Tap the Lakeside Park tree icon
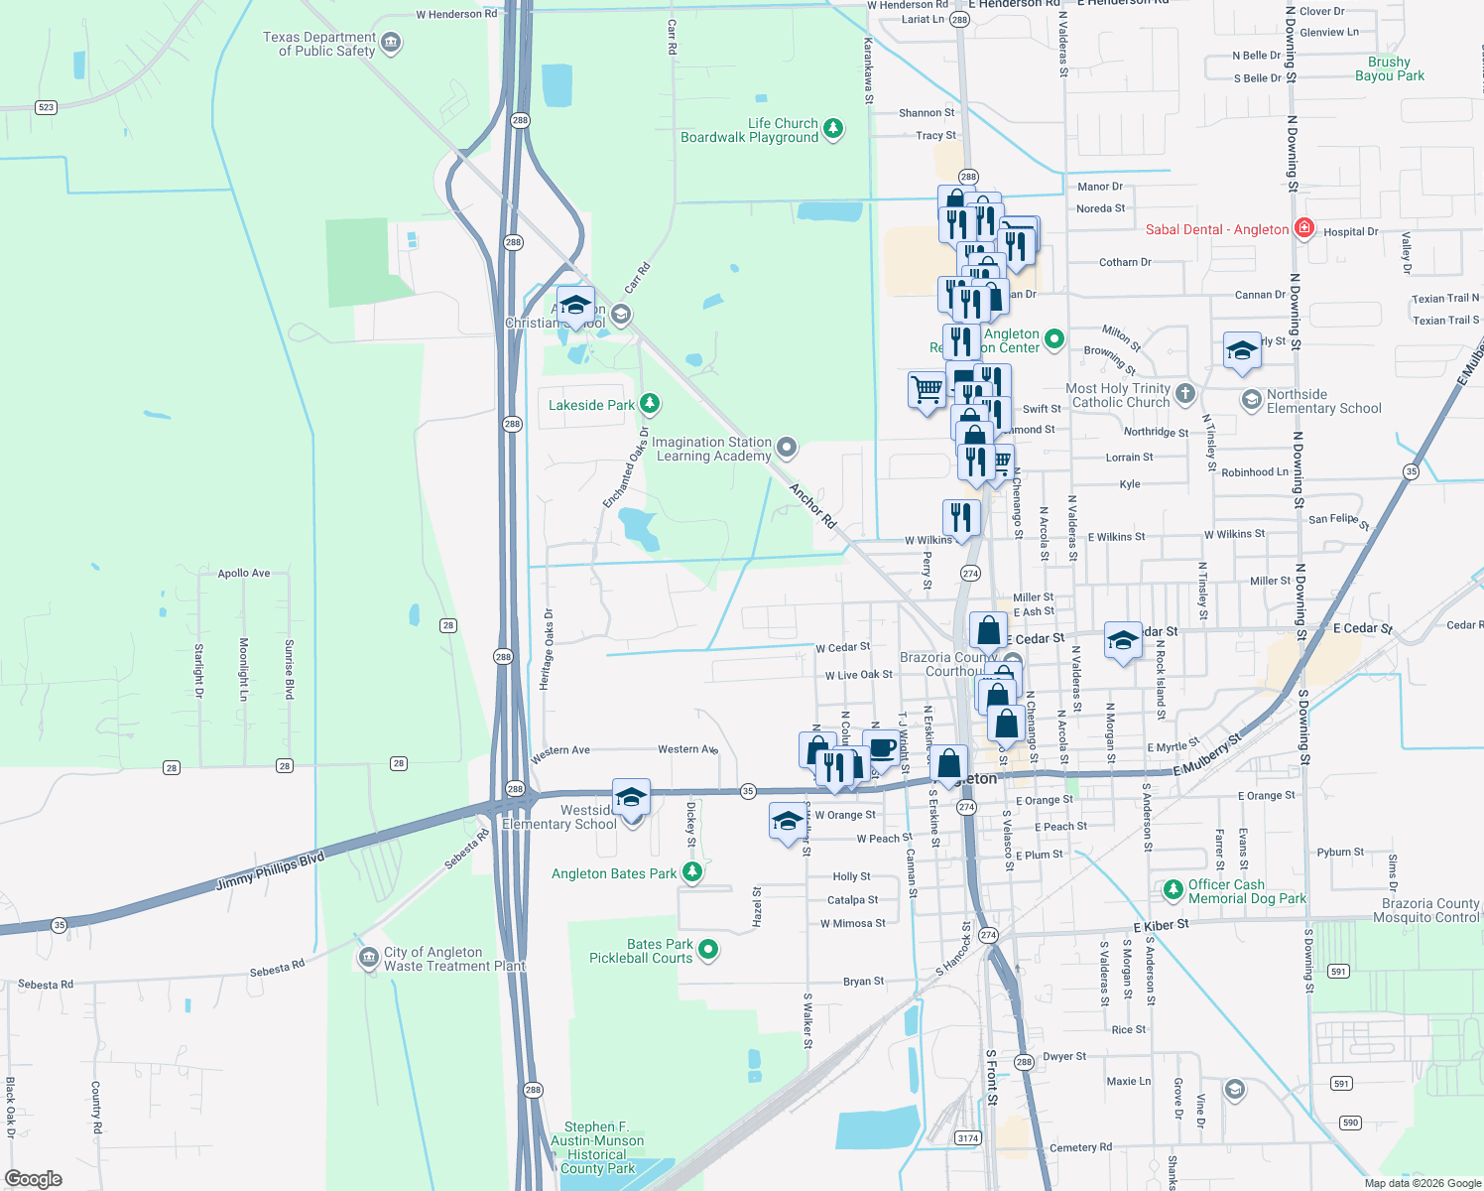(650, 403)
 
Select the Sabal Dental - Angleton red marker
(1304, 228)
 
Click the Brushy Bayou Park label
(1389, 68)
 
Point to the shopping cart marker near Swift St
(927, 389)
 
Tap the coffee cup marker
(881, 748)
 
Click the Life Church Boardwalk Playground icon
(833, 128)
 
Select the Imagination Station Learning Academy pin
(787, 448)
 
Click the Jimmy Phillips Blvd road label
(270, 870)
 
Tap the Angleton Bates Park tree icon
(692, 872)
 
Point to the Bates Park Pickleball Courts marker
(708, 950)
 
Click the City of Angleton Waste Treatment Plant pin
(367, 958)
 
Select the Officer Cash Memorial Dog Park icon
(1174, 890)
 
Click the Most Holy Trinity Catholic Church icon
(1185, 394)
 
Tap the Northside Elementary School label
(1323, 401)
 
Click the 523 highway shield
(46, 107)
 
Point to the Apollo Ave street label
(244, 573)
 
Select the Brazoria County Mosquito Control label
(1429, 910)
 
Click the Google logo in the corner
(33, 1178)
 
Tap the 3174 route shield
(967, 1137)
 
